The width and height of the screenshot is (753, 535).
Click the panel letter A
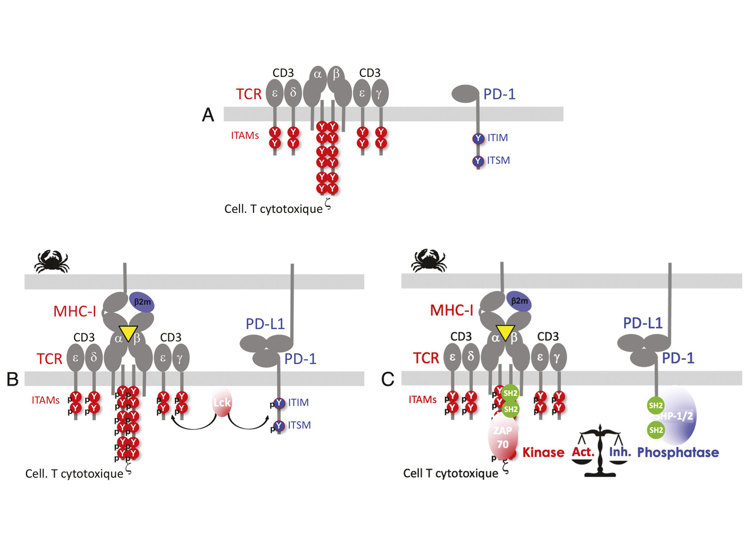[208, 115]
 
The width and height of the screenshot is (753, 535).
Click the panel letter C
[388, 380]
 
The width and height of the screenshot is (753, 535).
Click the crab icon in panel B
[51, 261]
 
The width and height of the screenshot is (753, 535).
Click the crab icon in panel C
[428, 260]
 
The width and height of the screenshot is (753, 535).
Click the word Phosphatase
[678, 453]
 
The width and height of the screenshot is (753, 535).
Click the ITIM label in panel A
[497, 138]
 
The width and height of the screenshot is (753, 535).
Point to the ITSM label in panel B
[300, 424]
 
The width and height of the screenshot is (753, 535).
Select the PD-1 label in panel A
[500, 93]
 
